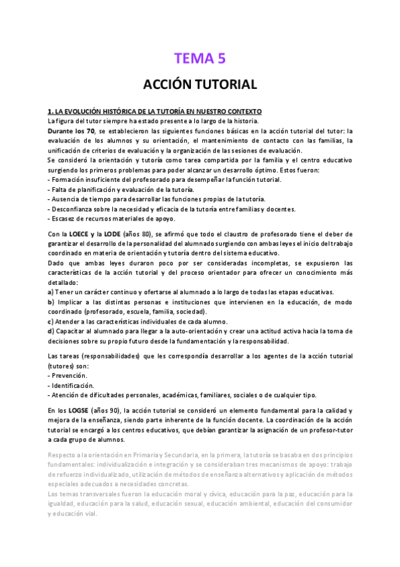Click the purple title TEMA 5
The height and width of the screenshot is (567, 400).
click(x=200, y=58)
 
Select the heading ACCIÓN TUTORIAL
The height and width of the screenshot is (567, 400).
click(x=200, y=85)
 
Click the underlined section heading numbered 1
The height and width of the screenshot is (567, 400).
click(x=155, y=111)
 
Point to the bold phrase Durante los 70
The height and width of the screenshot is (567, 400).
click(x=71, y=131)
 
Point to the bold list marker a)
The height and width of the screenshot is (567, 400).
click(x=51, y=292)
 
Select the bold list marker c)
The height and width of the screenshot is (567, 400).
click(x=51, y=322)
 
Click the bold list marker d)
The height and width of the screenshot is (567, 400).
click(x=51, y=331)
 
